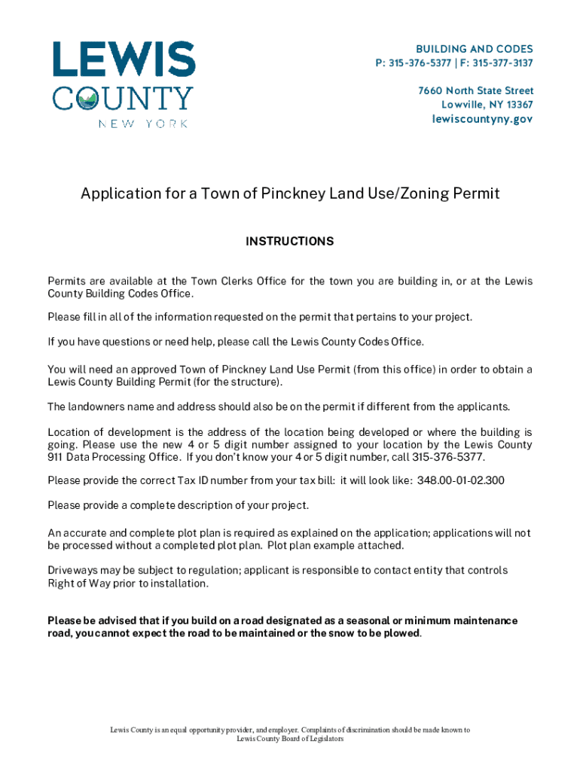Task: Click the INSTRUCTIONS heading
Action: [x=290, y=242]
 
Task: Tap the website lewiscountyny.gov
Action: [x=482, y=119]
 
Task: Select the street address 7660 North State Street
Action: [x=476, y=90]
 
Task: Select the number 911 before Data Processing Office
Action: [x=56, y=457]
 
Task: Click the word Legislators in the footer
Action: [x=325, y=739]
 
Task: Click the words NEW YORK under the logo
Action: [x=143, y=123]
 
